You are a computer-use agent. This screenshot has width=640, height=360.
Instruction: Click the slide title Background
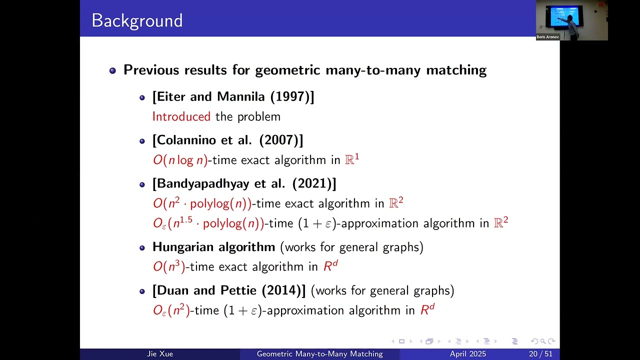click(137, 20)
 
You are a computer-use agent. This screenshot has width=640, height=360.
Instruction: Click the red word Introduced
click(181, 116)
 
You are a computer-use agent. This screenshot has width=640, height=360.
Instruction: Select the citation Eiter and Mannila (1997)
click(233, 96)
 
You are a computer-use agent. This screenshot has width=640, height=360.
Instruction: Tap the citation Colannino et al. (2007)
click(227, 140)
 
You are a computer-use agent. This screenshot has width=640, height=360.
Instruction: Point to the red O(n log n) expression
click(180, 160)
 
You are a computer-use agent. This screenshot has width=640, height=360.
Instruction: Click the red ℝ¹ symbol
click(352, 159)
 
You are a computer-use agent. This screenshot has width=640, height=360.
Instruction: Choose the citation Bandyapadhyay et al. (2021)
click(244, 183)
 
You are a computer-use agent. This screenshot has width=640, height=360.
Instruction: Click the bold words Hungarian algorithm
click(213, 247)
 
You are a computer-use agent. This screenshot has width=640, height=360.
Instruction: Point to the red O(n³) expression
click(169, 266)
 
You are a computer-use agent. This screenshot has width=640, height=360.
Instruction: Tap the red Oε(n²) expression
click(171, 310)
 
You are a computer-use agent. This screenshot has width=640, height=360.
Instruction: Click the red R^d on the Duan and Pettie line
click(427, 310)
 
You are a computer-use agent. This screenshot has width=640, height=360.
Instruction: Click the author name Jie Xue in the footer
click(160, 354)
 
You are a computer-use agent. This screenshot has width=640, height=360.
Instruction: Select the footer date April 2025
click(467, 354)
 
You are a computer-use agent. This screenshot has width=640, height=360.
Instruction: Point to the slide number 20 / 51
click(540, 354)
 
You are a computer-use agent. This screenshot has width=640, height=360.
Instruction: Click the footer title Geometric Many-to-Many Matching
click(319, 354)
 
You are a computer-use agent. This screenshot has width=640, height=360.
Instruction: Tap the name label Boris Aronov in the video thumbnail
click(547, 37)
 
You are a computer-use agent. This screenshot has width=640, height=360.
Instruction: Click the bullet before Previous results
click(112, 70)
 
